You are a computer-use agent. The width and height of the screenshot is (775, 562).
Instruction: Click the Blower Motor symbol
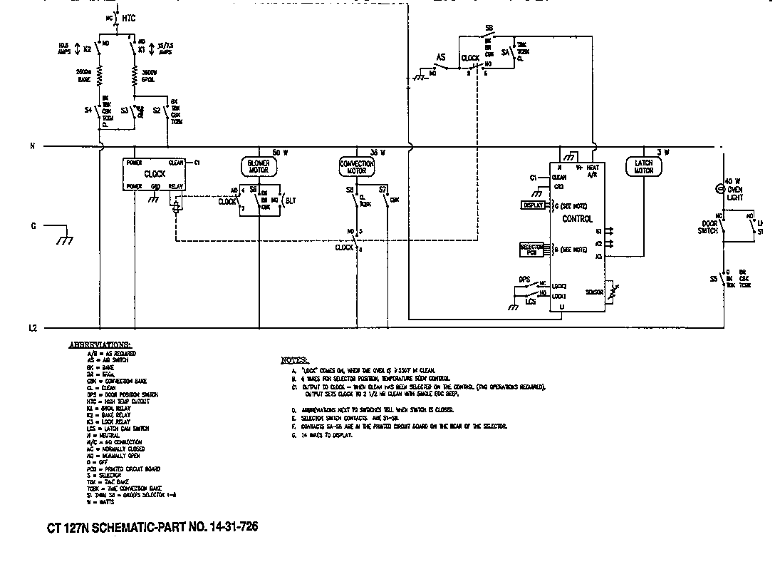(x=259, y=166)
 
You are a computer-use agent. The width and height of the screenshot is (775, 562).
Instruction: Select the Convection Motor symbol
(x=356, y=167)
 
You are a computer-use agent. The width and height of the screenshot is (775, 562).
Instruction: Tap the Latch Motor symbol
(x=643, y=166)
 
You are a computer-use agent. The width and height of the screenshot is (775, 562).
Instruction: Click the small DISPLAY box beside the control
(x=532, y=205)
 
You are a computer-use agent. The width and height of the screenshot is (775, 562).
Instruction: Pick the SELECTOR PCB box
(x=531, y=249)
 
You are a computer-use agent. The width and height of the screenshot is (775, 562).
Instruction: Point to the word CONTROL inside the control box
(x=577, y=219)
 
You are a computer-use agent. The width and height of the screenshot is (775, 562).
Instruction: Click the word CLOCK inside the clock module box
(x=155, y=174)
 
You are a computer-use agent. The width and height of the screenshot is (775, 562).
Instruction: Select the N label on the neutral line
(x=32, y=147)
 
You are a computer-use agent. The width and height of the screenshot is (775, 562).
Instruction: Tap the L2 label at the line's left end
(x=33, y=329)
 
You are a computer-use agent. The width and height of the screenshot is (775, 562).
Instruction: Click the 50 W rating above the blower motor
(x=280, y=153)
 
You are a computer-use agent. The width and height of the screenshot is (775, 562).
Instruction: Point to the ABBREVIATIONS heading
(x=99, y=344)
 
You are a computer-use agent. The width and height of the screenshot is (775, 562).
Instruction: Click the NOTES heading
(x=295, y=360)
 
